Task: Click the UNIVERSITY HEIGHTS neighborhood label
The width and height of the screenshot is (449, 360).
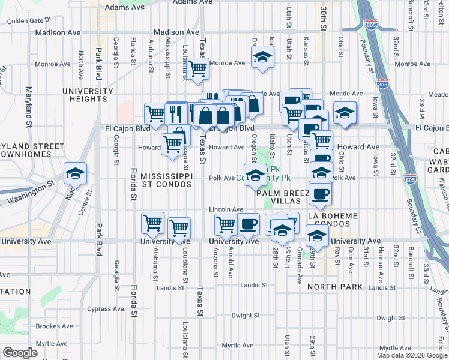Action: click(88, 96)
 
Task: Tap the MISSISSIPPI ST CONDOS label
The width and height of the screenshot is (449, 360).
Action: click(166, 181)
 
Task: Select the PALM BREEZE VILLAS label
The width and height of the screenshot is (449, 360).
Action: click(282, 198)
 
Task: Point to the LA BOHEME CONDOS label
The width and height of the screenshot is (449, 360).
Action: click(332, 220)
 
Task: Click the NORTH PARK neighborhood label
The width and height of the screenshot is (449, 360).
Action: click(335, 287)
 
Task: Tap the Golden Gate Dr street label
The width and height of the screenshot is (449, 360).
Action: click(29, 20)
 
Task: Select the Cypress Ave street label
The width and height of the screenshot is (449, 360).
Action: click(107, 309)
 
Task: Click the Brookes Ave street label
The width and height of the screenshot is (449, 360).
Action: click(54, 326)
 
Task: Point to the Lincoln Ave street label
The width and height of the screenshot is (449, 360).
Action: click(226, 209)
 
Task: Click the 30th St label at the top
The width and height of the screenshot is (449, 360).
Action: click(322, 12)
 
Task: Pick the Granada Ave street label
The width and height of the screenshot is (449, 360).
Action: click(299, 256)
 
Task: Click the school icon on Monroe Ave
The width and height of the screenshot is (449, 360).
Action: click(261, 58)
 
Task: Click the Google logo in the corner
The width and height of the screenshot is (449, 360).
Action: click(20, 353)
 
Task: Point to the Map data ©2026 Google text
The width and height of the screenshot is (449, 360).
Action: click(412, 355)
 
